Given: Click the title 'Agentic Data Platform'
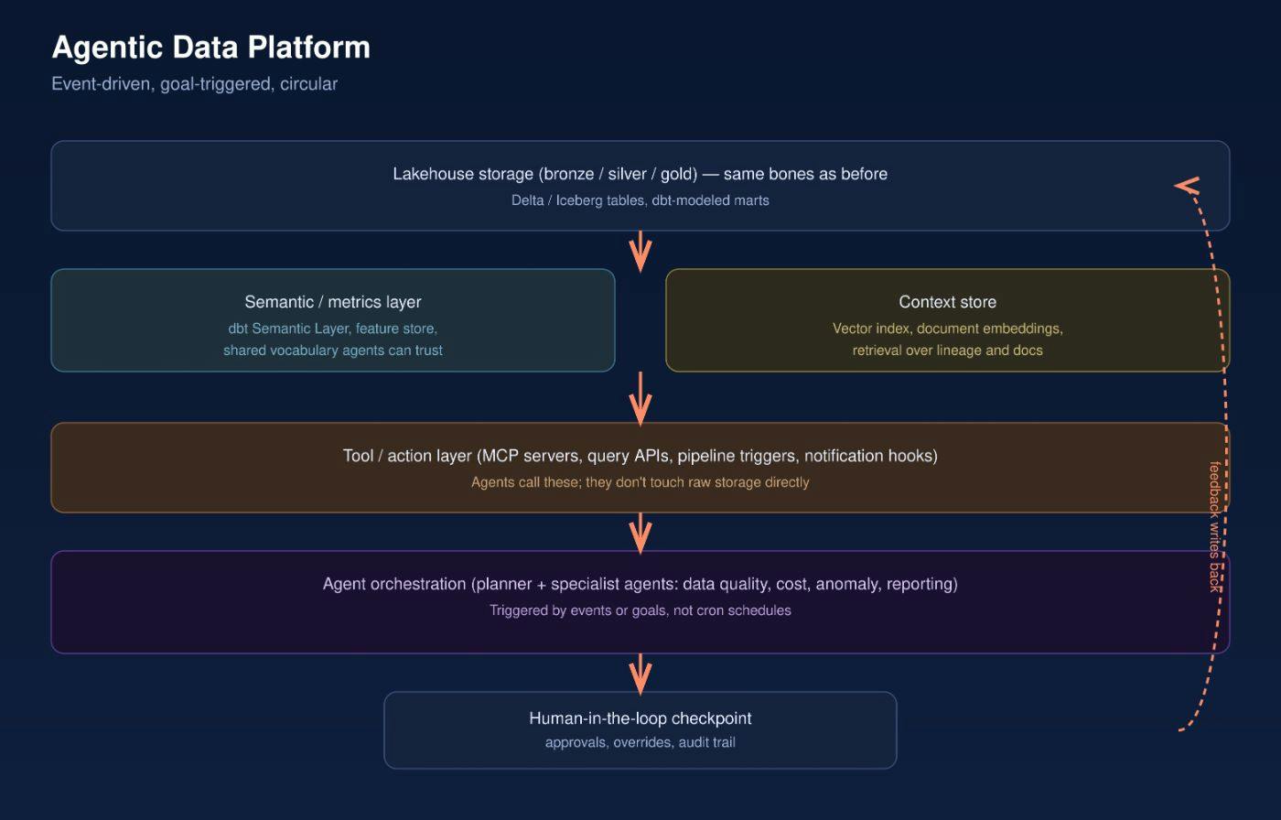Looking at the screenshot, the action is [x=211, y=48].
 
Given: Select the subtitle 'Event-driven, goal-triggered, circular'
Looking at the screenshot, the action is [x=194, y=84].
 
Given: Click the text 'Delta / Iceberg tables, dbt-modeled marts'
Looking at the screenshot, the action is [x=640, y=200].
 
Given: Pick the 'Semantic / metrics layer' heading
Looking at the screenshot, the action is [x=333, y=302].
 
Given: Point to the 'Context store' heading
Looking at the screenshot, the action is [x=948, y=302].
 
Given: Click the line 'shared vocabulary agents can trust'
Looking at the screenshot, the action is [x=333, y=351].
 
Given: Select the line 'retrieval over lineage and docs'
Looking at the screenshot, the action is [x=948, y=351].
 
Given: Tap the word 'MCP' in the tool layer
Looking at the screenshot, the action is [x=501, y=456].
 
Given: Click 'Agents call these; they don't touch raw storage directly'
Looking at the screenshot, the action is [x=640, y=482].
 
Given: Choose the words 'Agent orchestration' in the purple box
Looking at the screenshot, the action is [x=394, y=584].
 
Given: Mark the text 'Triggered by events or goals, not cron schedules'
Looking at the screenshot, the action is [x=640, y=610].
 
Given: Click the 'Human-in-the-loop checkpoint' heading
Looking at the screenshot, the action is [x=640, y=718].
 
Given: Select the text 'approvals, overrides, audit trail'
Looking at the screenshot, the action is [x=640, y=743].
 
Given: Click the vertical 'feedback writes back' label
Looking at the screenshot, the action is [x=1215, y=526].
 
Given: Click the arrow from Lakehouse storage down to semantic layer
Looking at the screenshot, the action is [x=640, y=252].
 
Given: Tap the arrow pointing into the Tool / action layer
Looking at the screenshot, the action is [x=640, y=399].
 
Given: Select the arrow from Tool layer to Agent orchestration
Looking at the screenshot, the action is [x=640, y=534].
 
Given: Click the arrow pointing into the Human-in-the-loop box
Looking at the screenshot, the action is [x=640, y=674].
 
